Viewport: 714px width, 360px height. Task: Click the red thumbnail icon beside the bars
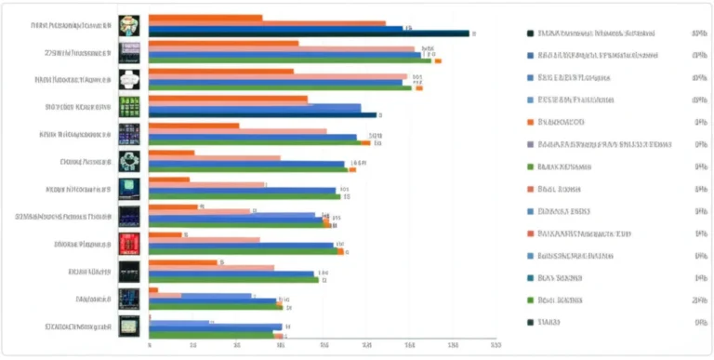click(x=129, y=245)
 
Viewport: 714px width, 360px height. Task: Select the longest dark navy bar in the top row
click(x=309, y=33)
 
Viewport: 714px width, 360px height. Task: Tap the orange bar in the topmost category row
click(x=205, y=18)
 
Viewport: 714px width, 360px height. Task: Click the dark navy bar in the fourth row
click(x=262, y=115)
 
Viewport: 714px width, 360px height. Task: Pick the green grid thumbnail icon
click(x=129, y=106)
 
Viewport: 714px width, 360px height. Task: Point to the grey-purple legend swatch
click(x=530, y=145)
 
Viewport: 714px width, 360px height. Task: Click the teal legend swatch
click(x=530, y=278)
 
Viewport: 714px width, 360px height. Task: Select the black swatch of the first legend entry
click(x=530, y=33)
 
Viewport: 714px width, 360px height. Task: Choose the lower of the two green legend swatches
click(x=530, y=300)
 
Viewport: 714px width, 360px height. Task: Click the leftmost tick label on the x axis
click(x=150, y=346)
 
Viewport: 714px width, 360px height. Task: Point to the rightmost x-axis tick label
click(x=494, y=346)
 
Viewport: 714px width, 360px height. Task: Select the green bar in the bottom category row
click(x=211, y=334)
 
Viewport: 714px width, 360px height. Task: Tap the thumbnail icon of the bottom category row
click(x=129, y=326)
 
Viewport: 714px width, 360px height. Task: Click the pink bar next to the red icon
click(x=205, y=240)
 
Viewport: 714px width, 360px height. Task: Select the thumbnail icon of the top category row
click(x=129, y=25)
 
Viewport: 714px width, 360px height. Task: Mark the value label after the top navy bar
click(x=474, y=34)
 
